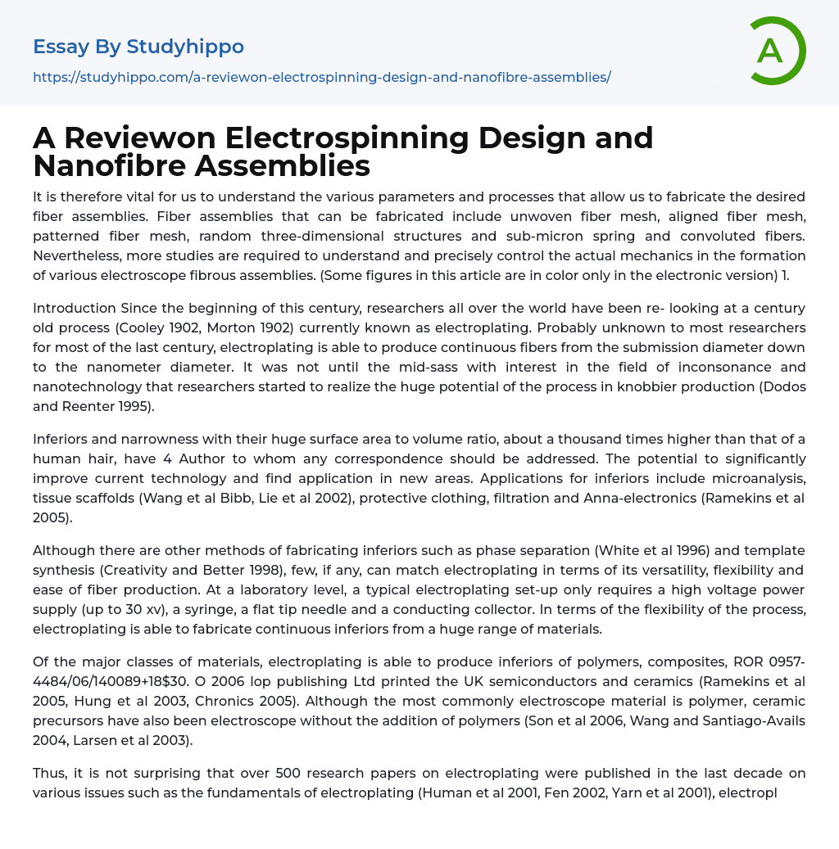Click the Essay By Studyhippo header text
pyautogui.click(x=138, y=47)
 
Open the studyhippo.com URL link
pyautogui.click(x=322, y=77)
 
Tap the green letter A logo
pyautogui.click(x=772, y=51)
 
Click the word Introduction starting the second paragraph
pyautogui.click(x=75, y=308)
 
